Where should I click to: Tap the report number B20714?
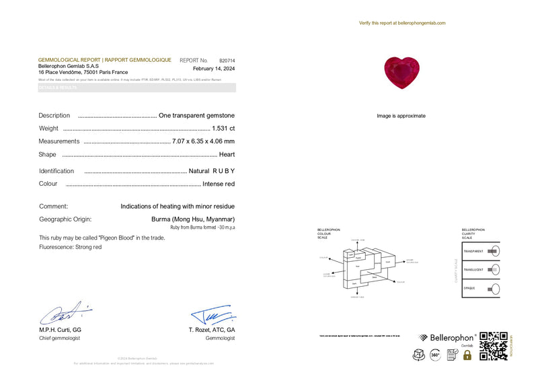(x=227, y=60)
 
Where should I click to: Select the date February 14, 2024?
(x=214, y=69)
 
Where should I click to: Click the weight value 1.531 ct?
(x=223, y=128)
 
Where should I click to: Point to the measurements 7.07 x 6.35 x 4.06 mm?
(x=203, y=141)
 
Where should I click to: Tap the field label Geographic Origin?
(x=65, y=219)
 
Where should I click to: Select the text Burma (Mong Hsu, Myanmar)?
(x=194, y=219)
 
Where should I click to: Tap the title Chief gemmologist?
(x=59, y=338)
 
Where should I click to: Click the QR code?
(x=492, y=346)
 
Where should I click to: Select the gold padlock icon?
(x=467, y=354)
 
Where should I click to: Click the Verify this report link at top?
(x=402, y=23)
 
